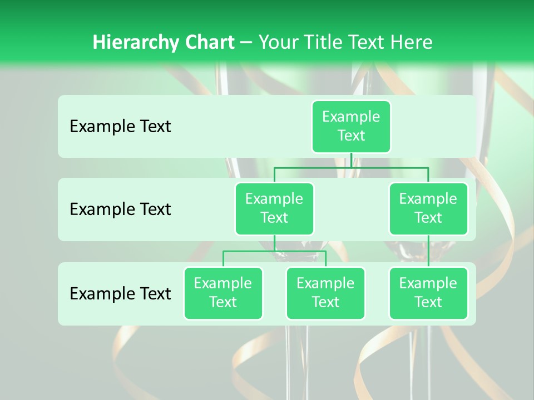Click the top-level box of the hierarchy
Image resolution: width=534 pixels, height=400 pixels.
pos(351,126)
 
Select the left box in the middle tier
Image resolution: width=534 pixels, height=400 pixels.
pos(274,208)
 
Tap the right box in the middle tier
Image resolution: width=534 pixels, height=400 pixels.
pos(428,208)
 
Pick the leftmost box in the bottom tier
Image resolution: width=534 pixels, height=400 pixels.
pos(223,293)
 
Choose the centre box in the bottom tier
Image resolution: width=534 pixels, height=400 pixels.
pos(325,293)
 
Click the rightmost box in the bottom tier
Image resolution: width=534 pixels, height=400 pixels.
pos(428,293)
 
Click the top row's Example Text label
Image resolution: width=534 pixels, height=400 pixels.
pos(120,127)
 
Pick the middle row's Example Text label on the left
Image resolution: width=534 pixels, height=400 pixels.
pos(120,209)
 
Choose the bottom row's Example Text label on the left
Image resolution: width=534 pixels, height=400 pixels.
pos(120,293)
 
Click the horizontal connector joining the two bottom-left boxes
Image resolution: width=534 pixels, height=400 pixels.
pos(274,251)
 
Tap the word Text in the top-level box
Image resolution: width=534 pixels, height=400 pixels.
pos(351,136)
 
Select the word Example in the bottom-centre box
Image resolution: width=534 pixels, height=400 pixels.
pos(325,283)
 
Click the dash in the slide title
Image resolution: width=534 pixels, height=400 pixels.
pos(246,43)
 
